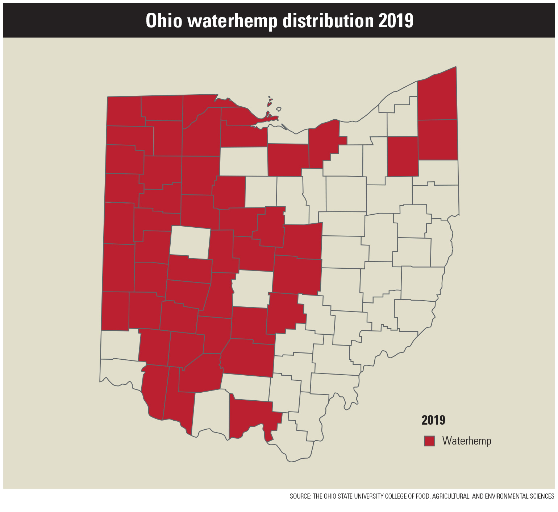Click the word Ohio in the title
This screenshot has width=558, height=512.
[x=163, y=21]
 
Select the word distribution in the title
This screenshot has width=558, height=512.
[x=328, y=21]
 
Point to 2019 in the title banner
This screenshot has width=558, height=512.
[x=396, y=21]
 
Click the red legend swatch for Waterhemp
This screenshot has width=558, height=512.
[x=429, y=441]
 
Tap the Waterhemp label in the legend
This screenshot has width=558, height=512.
[x=467, y=441]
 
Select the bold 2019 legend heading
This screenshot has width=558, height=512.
[x=433, y=420]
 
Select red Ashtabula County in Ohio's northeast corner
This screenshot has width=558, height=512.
[x=437, y=96]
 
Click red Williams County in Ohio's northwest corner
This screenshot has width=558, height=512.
[x=124, y=111]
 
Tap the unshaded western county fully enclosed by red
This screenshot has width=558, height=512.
[x=190, y=242]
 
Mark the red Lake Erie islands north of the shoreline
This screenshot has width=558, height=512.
[x=270, y=102]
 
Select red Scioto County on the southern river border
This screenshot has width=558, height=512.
[x=250, y=417]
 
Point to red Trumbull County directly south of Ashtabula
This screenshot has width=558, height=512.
[x=438, y=139]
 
